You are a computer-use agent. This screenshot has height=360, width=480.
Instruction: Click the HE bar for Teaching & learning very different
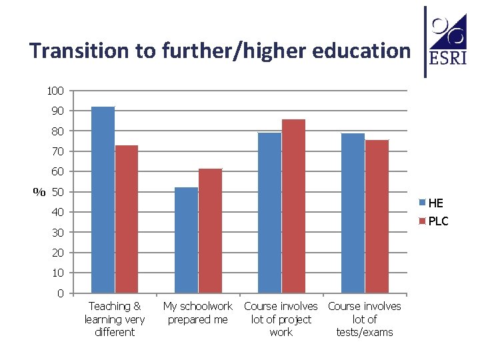pyautogui.click(x=103, y=200)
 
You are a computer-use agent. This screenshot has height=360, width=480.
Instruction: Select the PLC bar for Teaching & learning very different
pyautogui.click(x=127, y=219)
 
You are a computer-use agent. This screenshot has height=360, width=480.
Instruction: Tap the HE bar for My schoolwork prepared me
pyautogui.click(x=186, y=240)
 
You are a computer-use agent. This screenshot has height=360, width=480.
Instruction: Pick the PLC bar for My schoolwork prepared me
pyautogui.click(x=210, y=231)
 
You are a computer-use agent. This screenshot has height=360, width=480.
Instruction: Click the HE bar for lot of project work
pyautogui.click(x=269, y=213)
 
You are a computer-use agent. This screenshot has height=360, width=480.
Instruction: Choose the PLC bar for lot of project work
pyautogui.click(x=293, y=206)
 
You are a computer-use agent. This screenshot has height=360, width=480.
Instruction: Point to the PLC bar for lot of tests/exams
pyautogui.click(x=377, y=217)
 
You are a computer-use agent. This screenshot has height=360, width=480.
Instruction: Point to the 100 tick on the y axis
pyautogui.click(x=55, y=91)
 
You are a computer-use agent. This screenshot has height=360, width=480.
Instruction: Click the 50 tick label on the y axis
pyautogui.click(x=57, y=193)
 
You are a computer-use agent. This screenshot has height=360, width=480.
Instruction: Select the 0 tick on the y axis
pyautogui.click(x=60, y=294)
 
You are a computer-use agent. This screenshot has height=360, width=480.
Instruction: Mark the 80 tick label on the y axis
pyautogui.click(x=57, y=131)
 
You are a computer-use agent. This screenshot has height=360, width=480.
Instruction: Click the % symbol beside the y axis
pyautogui.click(x=39, y=193)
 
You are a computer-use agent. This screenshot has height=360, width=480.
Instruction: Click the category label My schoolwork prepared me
pyautogui.click(x=198, y=313)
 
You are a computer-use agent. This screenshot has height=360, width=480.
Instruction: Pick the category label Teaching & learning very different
pyautogui.click(x=115, y=319)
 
